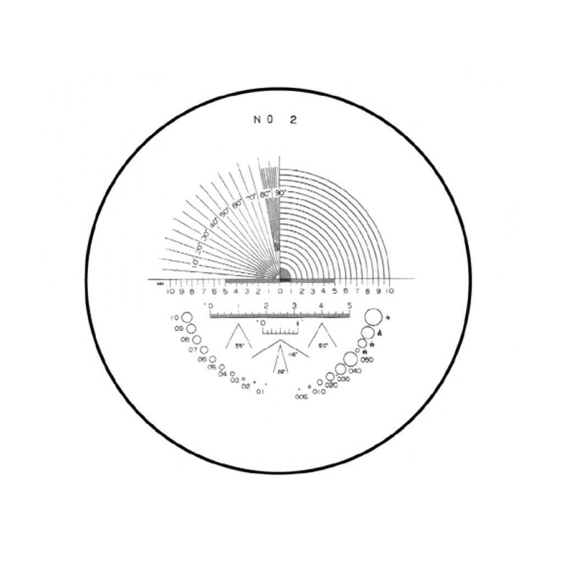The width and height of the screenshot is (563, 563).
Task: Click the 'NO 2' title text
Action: (275, 120)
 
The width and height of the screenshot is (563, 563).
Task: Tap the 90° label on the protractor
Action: (280, 193)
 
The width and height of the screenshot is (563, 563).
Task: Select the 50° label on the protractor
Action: (224, 212)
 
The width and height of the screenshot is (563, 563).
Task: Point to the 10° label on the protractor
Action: (194, 262)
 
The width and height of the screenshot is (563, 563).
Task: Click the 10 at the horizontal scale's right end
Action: (389, 291)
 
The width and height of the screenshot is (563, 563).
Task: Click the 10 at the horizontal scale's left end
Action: (170, 291)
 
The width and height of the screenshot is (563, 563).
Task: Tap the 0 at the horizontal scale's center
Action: (280, 291)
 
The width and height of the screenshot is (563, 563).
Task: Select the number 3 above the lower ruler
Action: (294, 306)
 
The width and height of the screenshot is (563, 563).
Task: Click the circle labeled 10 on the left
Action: (187, 318)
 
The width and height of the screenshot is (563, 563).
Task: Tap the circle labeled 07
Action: (204, 350)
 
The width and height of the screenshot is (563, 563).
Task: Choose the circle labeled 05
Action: (222, 367)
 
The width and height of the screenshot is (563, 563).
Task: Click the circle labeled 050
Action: (350, 358)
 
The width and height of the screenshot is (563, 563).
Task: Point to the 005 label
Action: (301, 396)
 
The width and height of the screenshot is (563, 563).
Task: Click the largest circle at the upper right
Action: (373, 317)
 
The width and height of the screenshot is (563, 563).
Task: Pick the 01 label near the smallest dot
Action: (260, 391)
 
